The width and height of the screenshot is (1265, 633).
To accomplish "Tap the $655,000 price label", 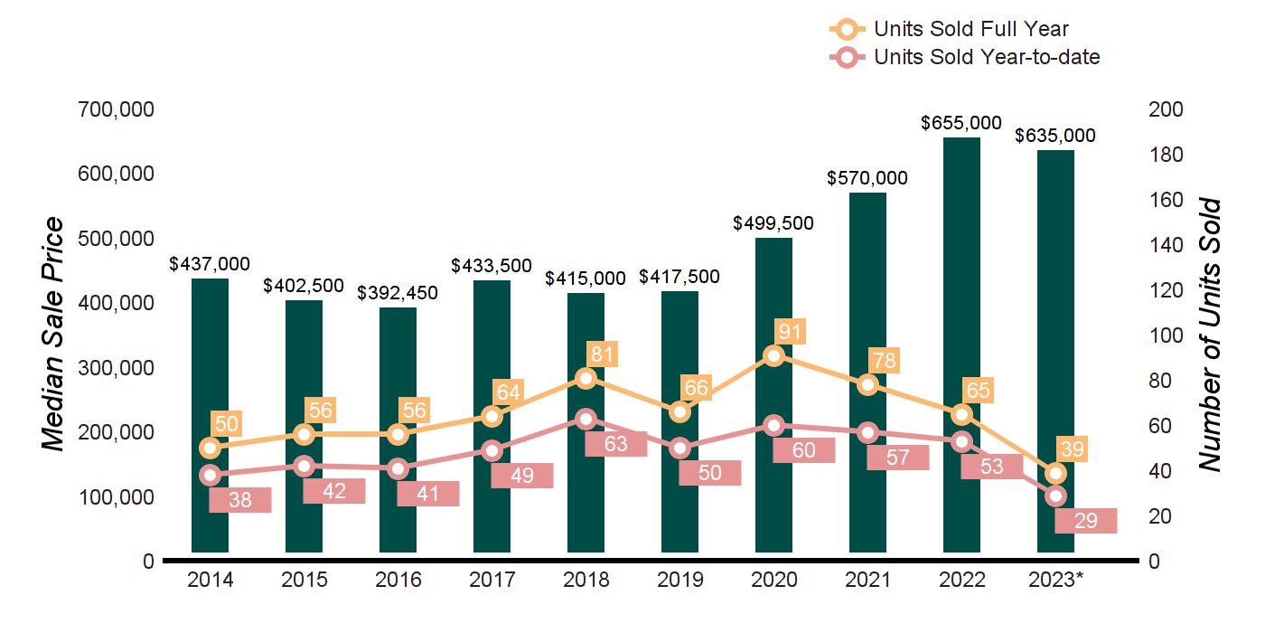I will click(x=961, y=122).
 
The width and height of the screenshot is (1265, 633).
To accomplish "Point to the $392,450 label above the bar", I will click(x=398, y=293).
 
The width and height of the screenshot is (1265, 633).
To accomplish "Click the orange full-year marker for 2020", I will click(x=773, y=355).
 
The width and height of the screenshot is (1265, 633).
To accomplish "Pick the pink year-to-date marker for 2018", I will click(x=586, y=419).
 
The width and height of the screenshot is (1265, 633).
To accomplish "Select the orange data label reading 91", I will click(x=791, y=331).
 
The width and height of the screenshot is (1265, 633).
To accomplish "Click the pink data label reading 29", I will click(x=1086, y=521).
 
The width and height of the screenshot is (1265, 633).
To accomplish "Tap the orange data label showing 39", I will click(x=1073, y=449).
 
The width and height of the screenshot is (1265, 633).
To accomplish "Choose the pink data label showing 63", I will click(x=616, y=444).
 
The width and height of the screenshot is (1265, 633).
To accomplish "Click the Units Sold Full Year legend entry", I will click(x=949, y=29).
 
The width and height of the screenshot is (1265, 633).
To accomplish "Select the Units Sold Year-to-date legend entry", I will click(x=965, y=57).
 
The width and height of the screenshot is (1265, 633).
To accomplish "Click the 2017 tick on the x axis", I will click(x=492, y=581).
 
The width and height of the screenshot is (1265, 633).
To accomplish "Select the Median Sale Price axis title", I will click(x=54, y=335).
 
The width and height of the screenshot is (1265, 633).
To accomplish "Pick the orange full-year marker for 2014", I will click(x=211, y=448).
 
